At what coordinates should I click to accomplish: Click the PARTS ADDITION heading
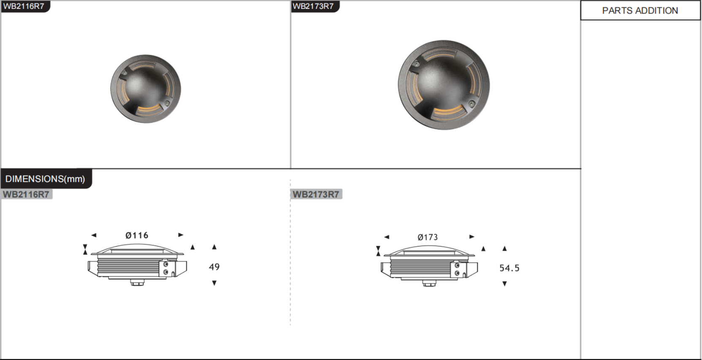pos(640,11)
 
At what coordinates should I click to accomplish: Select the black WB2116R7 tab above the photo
pos(25,6)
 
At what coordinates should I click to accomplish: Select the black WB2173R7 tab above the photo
pos(315,6)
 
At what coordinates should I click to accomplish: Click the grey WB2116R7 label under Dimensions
pos(26,194)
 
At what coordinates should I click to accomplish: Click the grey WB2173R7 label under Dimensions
pos(316,194)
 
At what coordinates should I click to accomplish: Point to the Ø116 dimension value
pos(137,235)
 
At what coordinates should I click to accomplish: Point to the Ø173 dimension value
pos(428,237)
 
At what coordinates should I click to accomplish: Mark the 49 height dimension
pos(214,267)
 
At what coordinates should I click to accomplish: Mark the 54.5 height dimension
pos(509,268)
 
